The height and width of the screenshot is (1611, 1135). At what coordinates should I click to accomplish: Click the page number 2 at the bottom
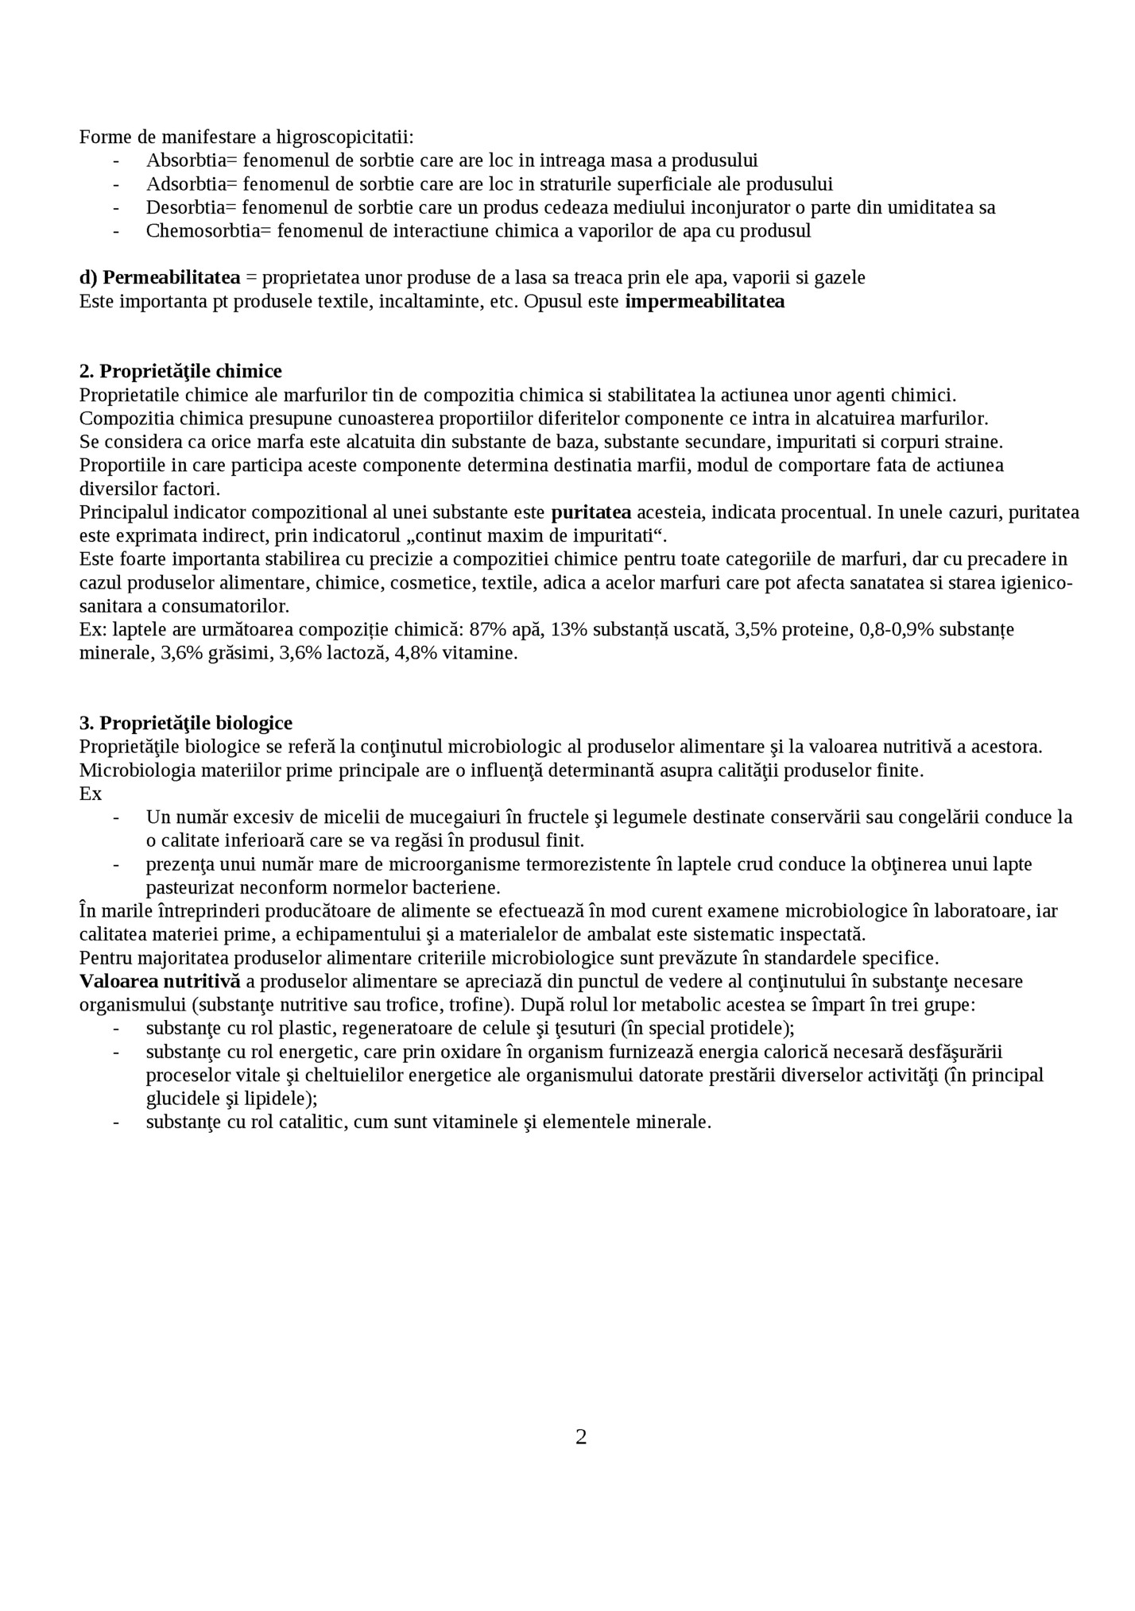[581, 1437]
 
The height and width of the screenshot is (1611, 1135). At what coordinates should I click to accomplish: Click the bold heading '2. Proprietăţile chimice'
[180, 371]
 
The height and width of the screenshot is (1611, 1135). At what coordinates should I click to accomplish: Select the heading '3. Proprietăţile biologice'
[186, 723]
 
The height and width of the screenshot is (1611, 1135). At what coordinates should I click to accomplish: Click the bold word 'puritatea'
[591, 512]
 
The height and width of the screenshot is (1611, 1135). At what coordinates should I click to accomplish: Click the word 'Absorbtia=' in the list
[192, 160]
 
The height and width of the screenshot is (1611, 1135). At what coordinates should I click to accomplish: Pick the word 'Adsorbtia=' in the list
[192, 184]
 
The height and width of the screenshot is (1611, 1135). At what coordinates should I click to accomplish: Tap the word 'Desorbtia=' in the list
[191, 207]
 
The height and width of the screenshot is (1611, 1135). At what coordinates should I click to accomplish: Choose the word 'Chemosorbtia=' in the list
[209, 231]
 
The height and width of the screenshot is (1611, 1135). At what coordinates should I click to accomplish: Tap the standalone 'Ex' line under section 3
[90, 794]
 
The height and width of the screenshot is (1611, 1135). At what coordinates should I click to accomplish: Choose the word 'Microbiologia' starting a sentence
[130, 771]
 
